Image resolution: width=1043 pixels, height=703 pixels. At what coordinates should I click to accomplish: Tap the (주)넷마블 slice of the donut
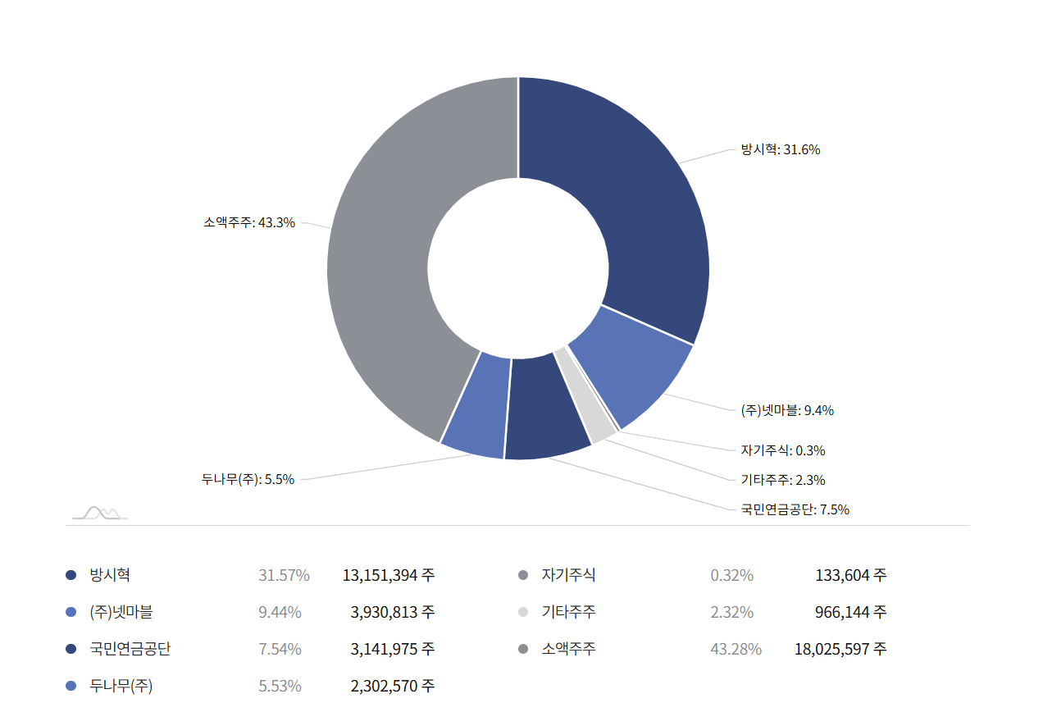pos(631,369)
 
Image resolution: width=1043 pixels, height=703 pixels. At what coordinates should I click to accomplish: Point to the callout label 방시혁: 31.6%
pos(781,149)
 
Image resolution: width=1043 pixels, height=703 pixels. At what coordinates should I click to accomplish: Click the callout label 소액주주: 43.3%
pos(249,222)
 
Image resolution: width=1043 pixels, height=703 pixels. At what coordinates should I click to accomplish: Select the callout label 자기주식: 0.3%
pos(783,450)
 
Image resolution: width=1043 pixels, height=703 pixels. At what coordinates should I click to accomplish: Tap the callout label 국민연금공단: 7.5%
pos(795,509)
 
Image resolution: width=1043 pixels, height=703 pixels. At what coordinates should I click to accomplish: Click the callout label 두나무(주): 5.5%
pos(248,480)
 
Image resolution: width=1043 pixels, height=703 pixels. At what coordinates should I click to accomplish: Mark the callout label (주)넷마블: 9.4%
pos(787,410)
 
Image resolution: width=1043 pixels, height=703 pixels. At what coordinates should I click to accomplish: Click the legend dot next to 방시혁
pos(71,575)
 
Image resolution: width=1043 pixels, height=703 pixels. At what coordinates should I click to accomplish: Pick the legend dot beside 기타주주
pos(523,612)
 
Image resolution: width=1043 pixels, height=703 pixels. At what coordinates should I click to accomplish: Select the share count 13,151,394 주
pos(389,575)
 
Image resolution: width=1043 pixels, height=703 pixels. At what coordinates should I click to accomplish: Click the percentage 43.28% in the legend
pos(736,649)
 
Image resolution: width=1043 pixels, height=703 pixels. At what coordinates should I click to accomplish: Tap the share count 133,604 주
pos(850,575)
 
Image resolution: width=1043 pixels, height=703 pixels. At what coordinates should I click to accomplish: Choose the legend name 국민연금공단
pos(130,649)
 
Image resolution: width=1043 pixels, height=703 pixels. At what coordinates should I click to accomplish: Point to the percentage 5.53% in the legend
pos(280,686)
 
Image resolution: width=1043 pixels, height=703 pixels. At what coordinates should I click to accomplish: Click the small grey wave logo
pos(100,513)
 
